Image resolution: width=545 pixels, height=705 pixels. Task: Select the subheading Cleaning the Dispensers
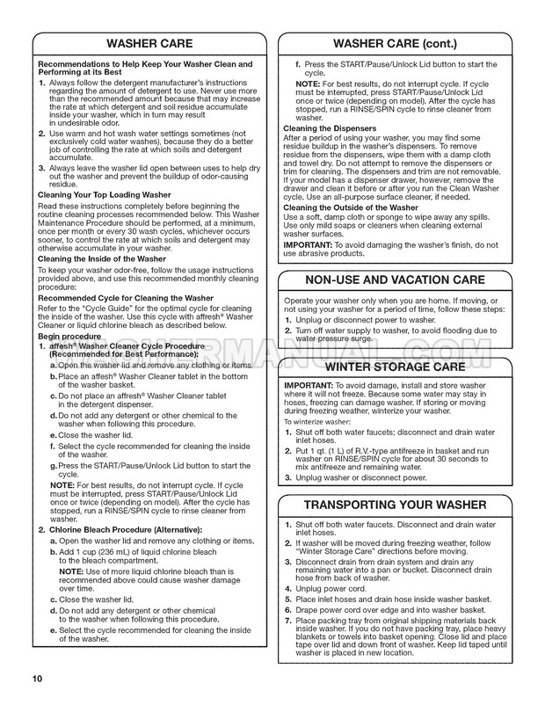(329, 128)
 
